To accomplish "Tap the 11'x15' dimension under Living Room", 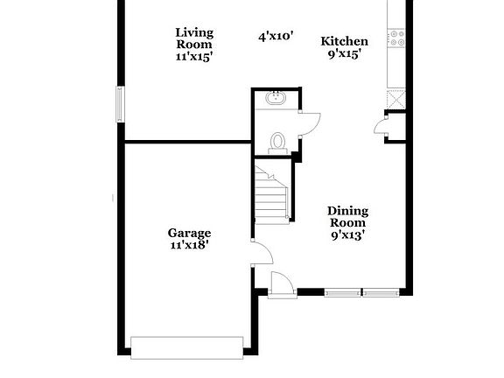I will pyautogui.click(x=194, y=55).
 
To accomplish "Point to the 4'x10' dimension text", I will pyautogui.click(x=275, y=37).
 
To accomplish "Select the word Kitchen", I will pyautogui.click(x=344, y=41).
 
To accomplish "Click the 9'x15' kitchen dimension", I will pyautogui.click(x=344, y=53).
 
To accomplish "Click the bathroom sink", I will pyautogui.click(x=275, y=98).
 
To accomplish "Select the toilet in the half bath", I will pyautogui.click(x=279, y=142).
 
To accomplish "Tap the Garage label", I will pyautogui.click(x=190, y=233).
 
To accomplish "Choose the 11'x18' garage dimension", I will pyautogui.click(x=190, y=246).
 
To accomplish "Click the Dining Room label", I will pyautogui.click(x=348, y=216).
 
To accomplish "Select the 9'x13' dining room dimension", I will pyautogui.click(x=347, y=234).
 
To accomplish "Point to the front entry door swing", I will pyautogui.click(x=281, y=285).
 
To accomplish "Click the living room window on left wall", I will pyautogui.click(x=121, y=103).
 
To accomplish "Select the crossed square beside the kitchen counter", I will pyautogui.click(x=396, y=99).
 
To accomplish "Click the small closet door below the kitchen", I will pyautogui.click(x=381, y=129).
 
